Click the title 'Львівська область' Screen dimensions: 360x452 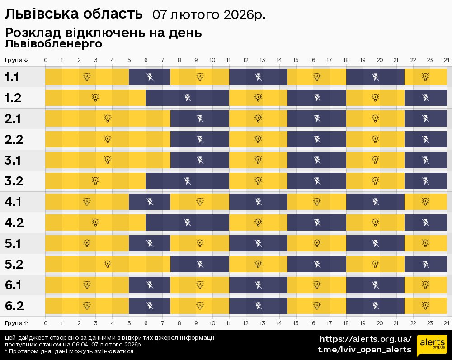(73, 14)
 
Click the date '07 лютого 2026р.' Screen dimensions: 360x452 (208, 15)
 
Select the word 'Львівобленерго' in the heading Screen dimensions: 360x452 (53, 44)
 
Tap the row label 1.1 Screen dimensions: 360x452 (12, 77)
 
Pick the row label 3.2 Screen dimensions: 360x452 (14, 181)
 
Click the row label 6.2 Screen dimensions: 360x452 (14, 306)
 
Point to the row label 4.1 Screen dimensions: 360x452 (13, 202)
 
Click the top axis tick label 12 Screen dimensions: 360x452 (245, 60)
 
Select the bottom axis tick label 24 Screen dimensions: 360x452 (446, 323)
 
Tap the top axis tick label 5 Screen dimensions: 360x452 (129, 60)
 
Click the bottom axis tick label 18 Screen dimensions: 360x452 (346, 323)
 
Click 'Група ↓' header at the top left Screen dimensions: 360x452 (17, 60)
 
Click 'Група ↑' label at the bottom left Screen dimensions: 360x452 (17, 323)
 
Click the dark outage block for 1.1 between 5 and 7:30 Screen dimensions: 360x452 (150, 77)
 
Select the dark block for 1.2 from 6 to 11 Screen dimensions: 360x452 (187, 98)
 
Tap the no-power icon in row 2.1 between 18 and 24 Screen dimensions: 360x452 (425, 118)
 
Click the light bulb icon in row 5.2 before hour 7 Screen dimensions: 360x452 (108, 264)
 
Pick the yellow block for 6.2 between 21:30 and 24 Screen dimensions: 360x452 (425, 306)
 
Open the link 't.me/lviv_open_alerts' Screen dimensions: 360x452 (364, 350)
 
